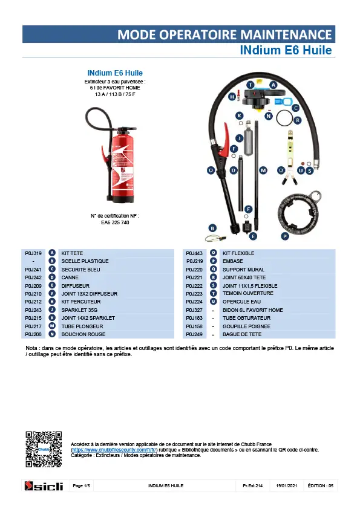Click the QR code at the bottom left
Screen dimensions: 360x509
(44, 449)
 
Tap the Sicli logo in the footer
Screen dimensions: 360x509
(44, 486)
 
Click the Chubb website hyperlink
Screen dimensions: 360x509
(114, 450)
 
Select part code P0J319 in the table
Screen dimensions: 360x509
(33, 253)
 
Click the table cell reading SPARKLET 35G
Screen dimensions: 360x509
(79, 310)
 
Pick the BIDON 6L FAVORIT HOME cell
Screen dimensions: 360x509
(252, 310)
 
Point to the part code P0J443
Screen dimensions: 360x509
(194, 253)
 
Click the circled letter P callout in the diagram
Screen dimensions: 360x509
(285, 236)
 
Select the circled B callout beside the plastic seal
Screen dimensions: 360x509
(212, 229)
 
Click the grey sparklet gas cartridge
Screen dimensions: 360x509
(249, 138)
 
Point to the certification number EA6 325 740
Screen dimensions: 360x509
(115, 222)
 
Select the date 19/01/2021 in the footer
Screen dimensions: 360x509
(286, 485)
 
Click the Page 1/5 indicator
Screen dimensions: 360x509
(81, 485)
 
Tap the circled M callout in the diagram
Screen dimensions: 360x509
(263, 170)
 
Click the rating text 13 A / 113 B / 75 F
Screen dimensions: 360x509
(115, 94)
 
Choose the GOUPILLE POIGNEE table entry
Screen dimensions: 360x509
(246, 326)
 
